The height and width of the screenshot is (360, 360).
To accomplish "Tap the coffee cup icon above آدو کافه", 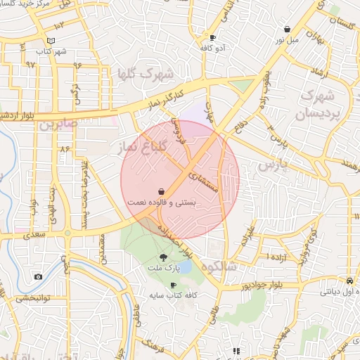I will (x=213, y=37).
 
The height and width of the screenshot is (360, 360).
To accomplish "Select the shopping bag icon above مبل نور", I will (x=288, y=29).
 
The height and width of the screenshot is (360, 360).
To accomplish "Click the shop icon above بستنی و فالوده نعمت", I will (x=162, y=191).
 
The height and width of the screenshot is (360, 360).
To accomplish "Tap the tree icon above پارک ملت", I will (x=164, y=258).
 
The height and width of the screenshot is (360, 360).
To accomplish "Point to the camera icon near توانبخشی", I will (x=38, y=277).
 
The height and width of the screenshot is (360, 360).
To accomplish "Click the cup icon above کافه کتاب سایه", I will (x=173, y=285).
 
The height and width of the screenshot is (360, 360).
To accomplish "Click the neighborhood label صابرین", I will (x=56, y=127).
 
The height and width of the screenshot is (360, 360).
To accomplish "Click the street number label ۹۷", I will (x=30, y=64).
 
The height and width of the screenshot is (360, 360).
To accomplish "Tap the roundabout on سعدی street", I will (x=68, y=233).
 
